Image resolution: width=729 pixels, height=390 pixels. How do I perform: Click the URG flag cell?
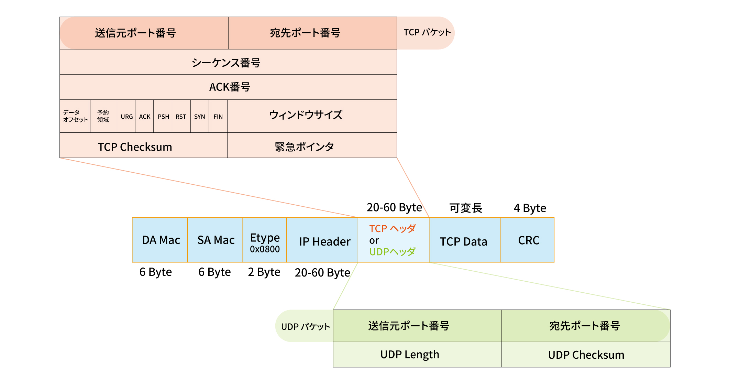pos(126,117)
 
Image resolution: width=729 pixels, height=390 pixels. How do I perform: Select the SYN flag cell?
pos(200,117)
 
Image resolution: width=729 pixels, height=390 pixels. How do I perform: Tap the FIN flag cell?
pos(218,117)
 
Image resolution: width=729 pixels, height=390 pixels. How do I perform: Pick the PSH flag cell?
pos(163,117)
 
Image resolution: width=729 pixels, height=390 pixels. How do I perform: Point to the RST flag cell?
pos(181,117)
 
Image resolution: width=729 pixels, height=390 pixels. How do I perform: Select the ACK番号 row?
pos(229,87)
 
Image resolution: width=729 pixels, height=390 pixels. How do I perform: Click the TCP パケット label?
pos(427,33)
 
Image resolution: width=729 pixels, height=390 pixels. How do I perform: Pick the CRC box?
pos(528,240)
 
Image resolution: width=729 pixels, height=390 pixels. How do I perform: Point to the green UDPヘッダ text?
pos(393,252)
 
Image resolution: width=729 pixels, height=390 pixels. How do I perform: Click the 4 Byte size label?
pos(530,208)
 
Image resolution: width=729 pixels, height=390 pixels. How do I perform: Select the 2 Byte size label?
pos(264,272)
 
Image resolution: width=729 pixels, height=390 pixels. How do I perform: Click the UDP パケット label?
pos(305,326)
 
